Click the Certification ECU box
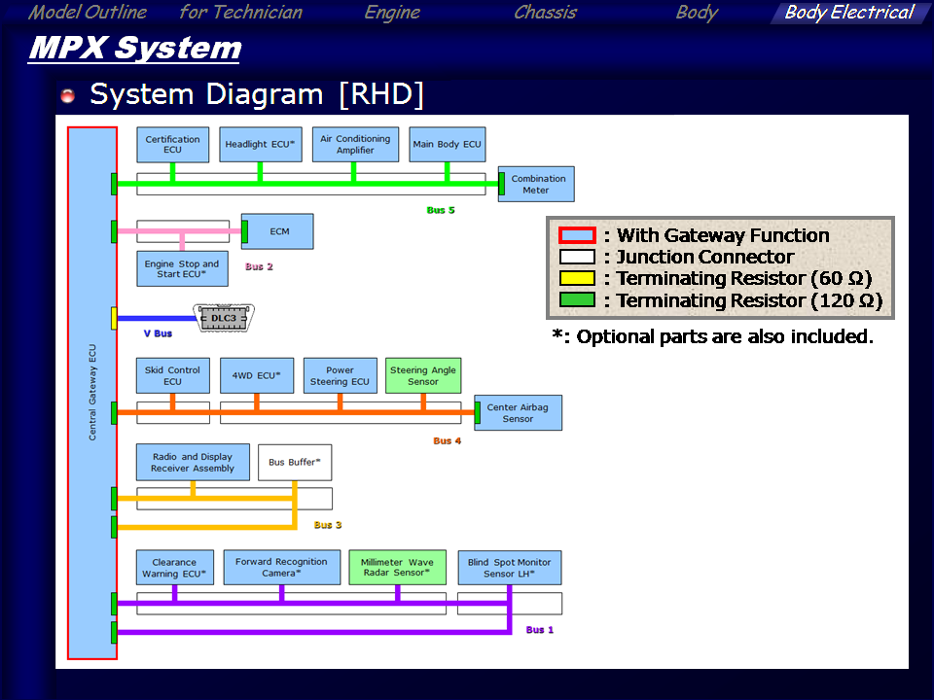[172, 144]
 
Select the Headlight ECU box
[260, 144]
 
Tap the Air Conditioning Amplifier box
[355, 144]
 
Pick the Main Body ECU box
[447, 144]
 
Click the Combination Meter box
[538, 184]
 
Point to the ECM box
[279, 231]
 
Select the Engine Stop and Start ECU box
[182, 268]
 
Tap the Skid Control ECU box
[172, 375]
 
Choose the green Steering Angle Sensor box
[422, 375]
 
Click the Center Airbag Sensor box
[518, 413]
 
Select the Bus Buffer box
[295, 462]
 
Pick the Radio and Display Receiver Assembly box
[193, 462]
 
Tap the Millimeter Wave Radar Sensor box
[397, 567]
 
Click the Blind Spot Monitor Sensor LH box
[509, 567]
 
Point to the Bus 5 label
[441, 210]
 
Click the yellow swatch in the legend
[577, 279]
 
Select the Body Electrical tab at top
[848, 13]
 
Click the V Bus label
[158, 333]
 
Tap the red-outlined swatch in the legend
[577, 235]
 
